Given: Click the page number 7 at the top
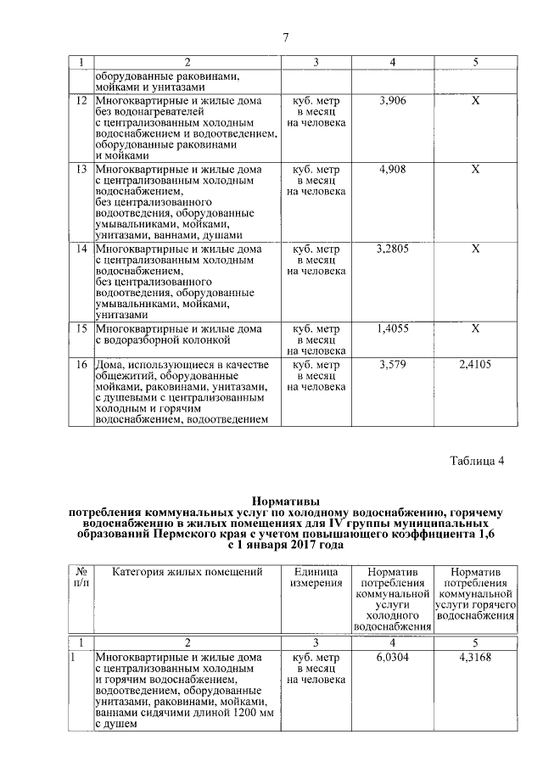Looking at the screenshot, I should tap(285, 36).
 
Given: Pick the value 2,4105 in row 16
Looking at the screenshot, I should tap(475, 364).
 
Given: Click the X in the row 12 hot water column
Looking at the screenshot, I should tap(476, 101).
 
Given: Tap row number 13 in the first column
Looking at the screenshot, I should tap(81, 170).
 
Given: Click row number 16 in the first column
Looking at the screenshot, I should tap(81, 364).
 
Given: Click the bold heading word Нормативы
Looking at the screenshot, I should tap(287, 502).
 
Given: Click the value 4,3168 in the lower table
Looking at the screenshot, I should tap(475, 657).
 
